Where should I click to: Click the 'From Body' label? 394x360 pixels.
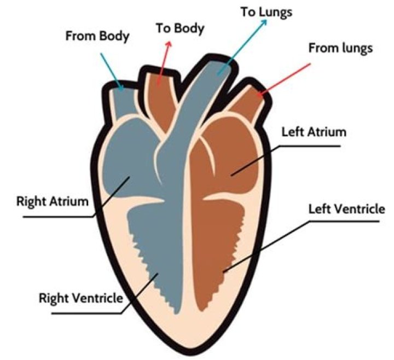[97, 37]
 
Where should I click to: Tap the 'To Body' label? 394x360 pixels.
[179, 28]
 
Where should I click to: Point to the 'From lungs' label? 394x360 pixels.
[340, 48]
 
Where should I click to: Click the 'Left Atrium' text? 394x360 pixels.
[307, 132]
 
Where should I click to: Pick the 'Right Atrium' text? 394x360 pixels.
[51, 201]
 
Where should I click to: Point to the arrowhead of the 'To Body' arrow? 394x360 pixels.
[168, 43]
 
